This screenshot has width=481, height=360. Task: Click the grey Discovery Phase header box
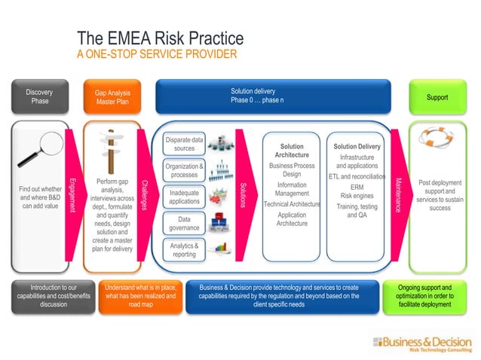[39, 97]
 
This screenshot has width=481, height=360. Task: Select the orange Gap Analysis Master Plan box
[111, 98]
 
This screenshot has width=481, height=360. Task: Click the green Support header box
[437, 98]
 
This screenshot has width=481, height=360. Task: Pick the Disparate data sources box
[184, 144]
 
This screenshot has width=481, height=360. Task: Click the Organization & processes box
[184, 170]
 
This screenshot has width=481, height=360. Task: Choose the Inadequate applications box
[184, 197]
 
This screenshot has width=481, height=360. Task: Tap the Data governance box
[184, 224]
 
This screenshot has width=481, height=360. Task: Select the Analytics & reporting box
[184, 250]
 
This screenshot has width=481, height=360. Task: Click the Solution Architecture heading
[292, 151]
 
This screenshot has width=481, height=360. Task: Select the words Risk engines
[357, 196]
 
